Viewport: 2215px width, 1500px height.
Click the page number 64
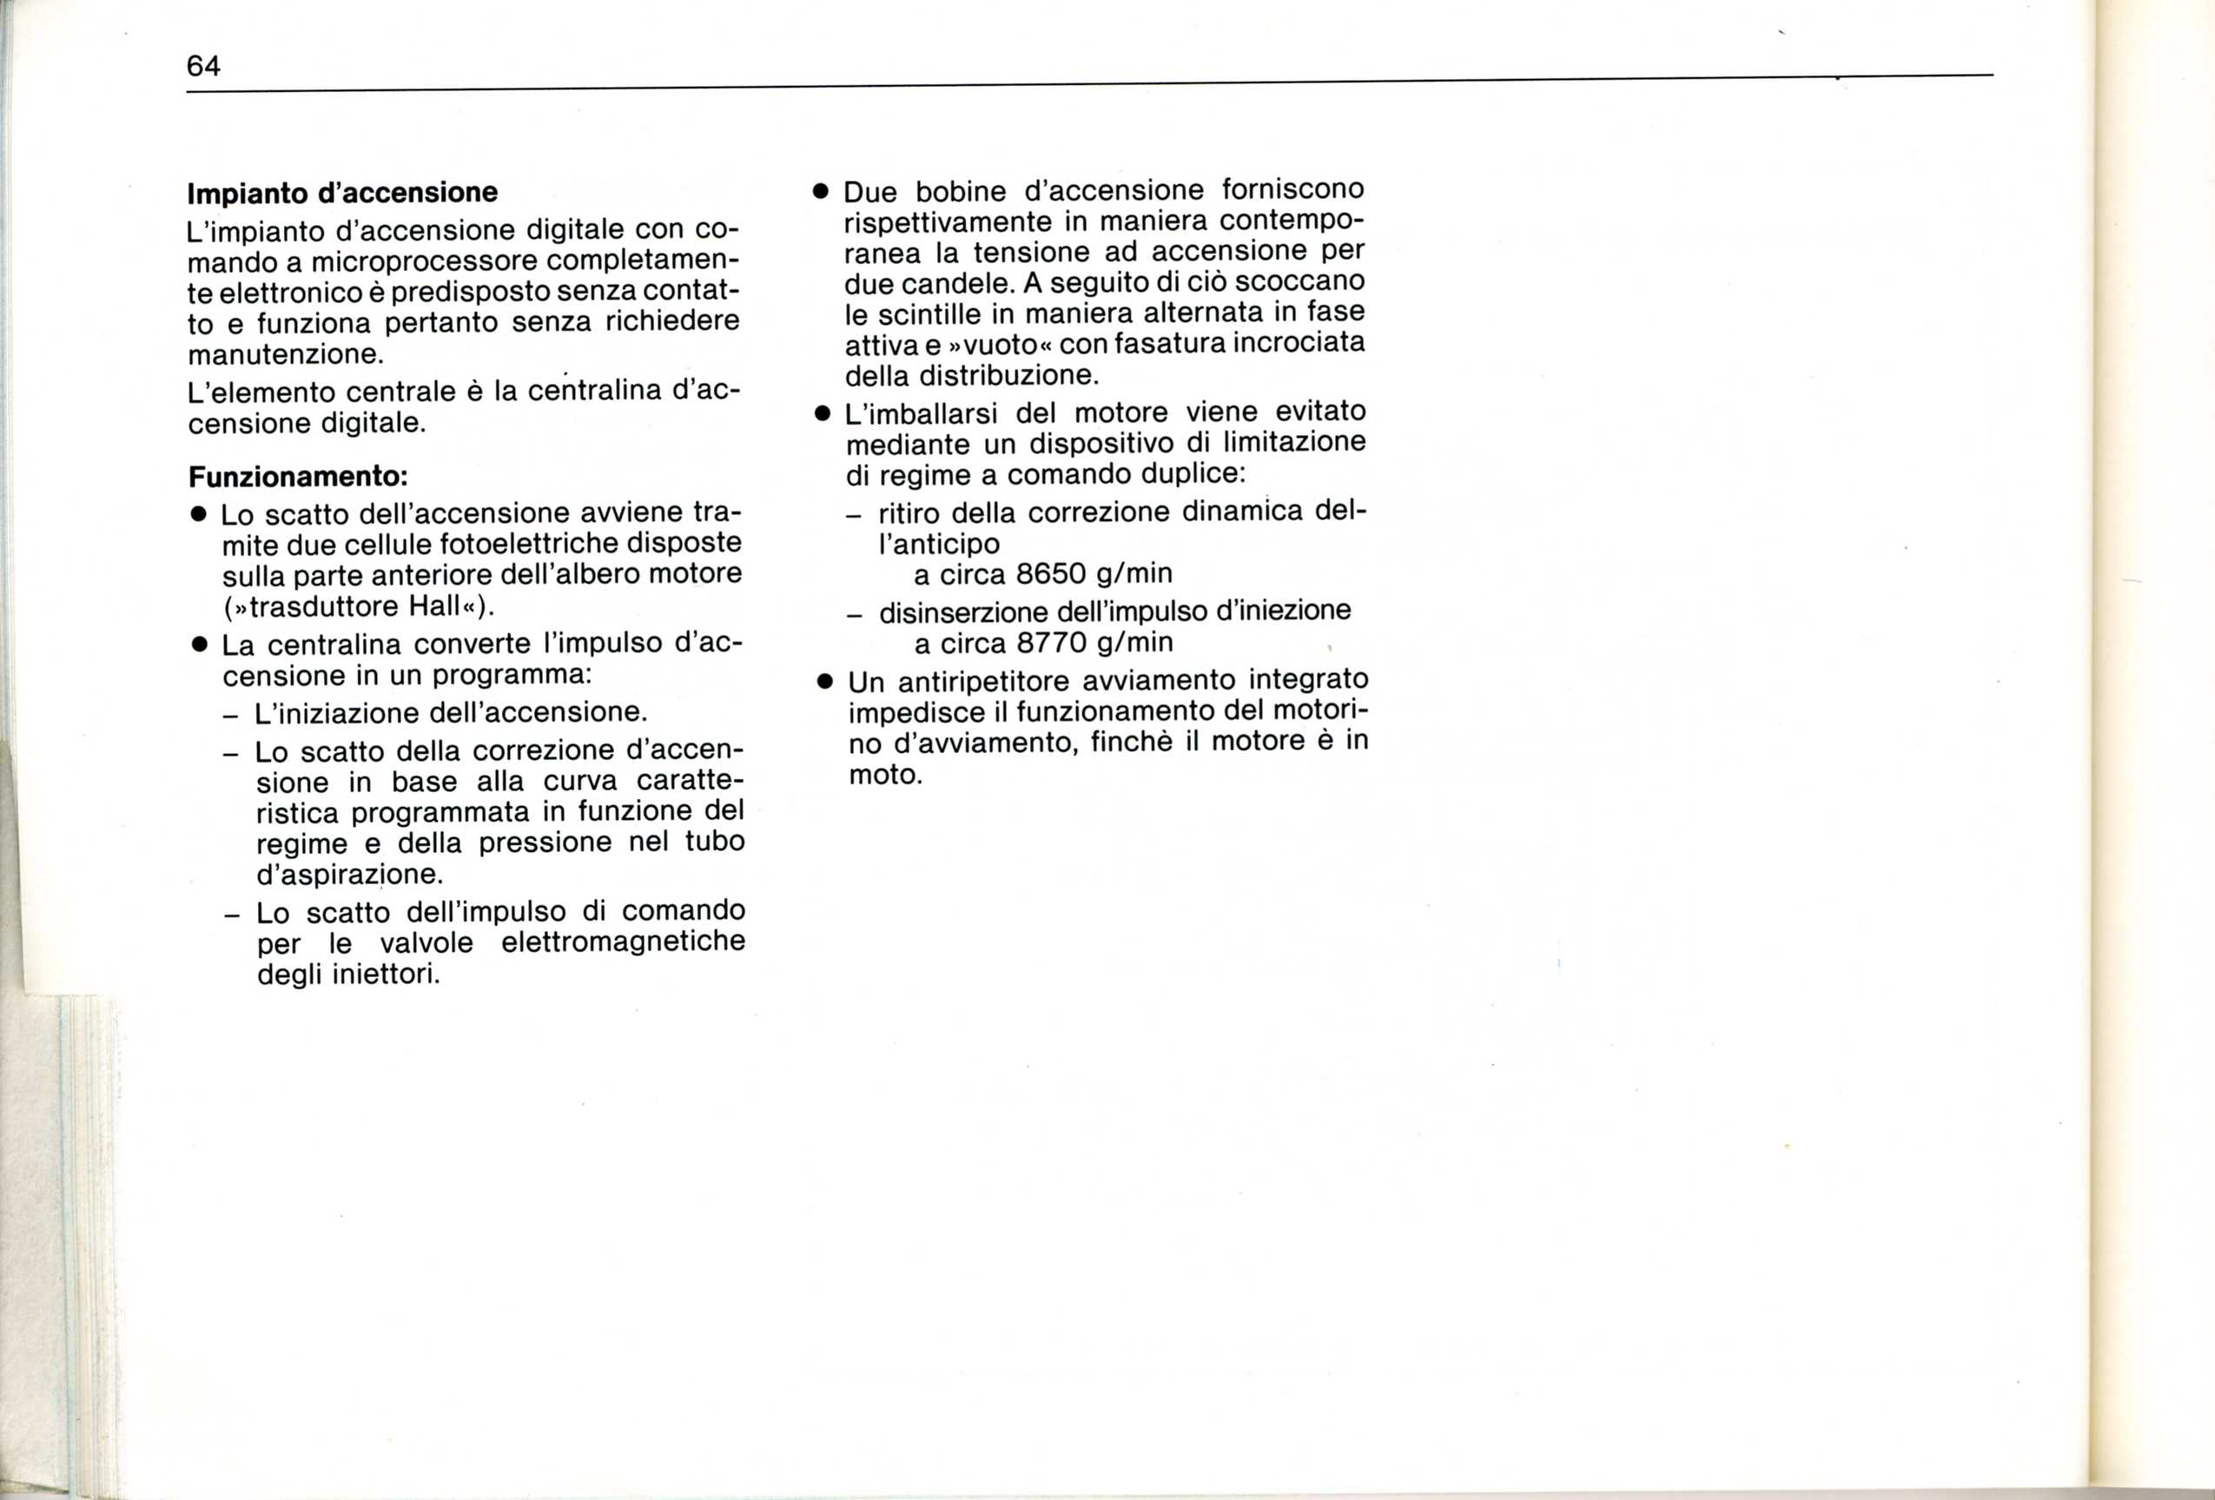pyautogui.click(x=203, y=66)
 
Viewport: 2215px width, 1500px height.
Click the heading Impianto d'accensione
pyautogui.click(x=342, y=193)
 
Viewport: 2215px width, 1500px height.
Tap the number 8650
pyautogui.click(x=1050, y=574)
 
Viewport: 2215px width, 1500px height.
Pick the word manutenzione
pyautogui.click(x=285, y=354)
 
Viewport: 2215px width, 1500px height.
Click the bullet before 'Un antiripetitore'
pyautogui.click(x=824, y=683)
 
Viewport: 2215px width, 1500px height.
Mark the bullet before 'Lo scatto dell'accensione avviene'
pyautogui.click(x=198, y=514)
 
